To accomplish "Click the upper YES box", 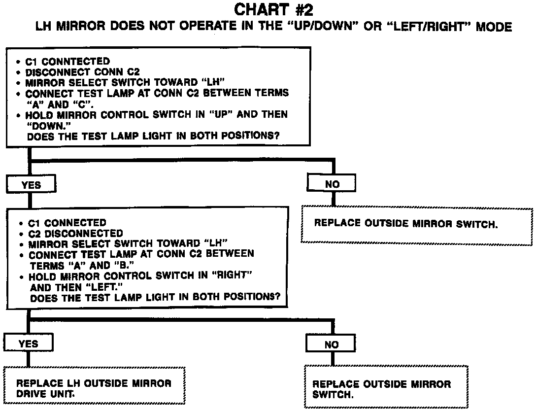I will coord(31,185).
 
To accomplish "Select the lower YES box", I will coord(28,343).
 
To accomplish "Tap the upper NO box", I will coord(332,184).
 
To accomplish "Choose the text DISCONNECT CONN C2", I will coord(83,72).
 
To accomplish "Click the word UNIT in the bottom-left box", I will coord(65,394).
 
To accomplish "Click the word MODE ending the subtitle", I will coord(494,27).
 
